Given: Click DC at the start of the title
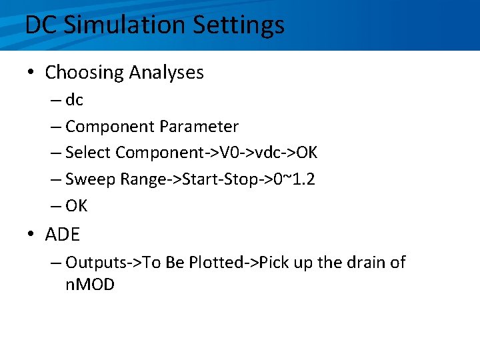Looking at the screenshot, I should click(41, 25).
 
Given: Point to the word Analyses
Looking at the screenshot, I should click(164, 72).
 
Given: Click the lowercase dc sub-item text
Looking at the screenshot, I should click(75, 100).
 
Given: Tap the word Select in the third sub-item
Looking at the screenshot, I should click(88, 153).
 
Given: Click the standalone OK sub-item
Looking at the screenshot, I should click(77, 206).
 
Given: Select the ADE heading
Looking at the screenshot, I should click(63, 235).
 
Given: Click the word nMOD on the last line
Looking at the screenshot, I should click(90, 285).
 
